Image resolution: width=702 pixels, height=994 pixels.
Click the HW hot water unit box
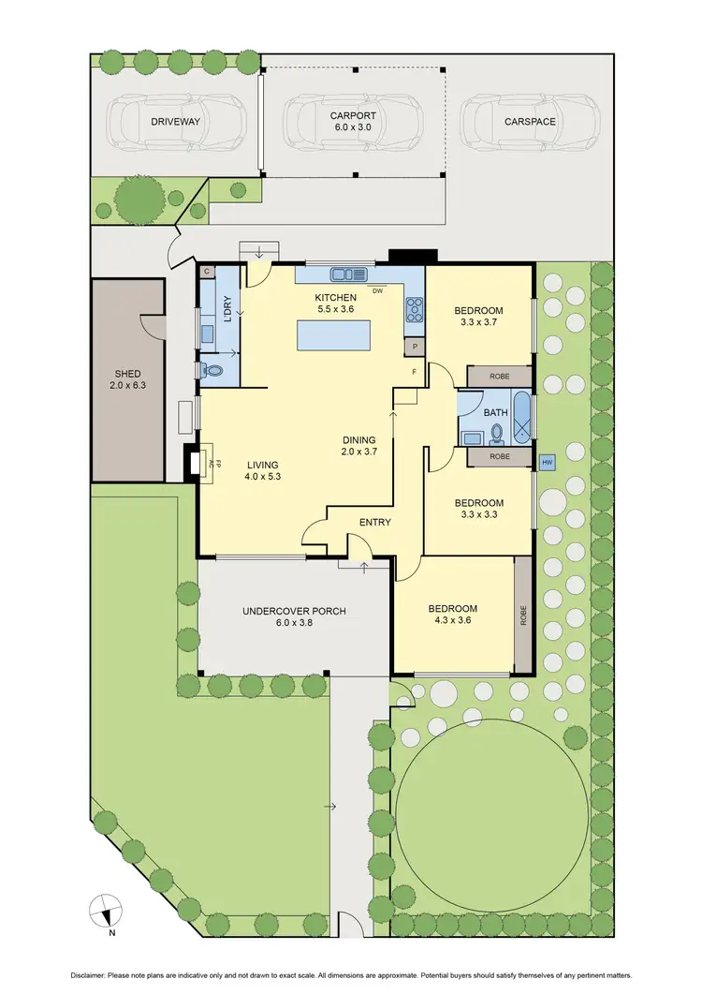547,463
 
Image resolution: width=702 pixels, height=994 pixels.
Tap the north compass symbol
106,910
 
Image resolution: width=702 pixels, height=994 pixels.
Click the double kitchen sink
349,274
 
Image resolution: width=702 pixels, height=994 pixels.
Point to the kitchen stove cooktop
413,309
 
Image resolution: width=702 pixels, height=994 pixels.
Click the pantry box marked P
413,346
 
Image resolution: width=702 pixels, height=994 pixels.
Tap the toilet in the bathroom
497,433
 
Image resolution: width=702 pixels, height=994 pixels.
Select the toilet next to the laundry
214,370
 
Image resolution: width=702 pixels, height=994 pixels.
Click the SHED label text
126,374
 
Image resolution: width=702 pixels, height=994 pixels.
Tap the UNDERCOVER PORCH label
294,611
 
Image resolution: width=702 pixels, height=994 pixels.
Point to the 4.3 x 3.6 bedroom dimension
453,620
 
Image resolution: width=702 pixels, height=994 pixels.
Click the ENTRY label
374,522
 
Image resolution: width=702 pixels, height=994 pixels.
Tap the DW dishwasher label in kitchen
376,290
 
